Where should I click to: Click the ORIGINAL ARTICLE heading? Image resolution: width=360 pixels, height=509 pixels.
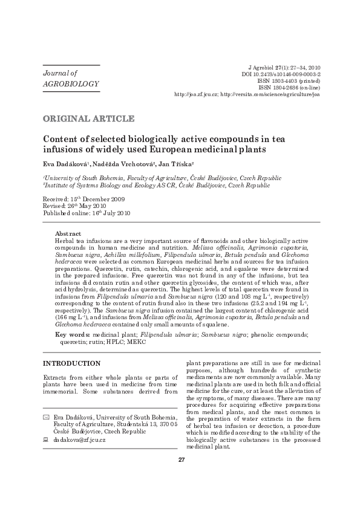tap(88, 118)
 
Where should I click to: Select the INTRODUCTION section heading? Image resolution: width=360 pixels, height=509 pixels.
tap(71, 363)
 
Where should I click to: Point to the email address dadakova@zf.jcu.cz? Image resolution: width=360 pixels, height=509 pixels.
tap(79, 439)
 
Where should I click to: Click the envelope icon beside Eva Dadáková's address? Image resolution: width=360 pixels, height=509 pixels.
tap(47, 418)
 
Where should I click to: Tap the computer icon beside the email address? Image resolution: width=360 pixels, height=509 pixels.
tap(47, 439)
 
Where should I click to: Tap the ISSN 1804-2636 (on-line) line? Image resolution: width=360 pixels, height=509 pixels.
tap(289, 88)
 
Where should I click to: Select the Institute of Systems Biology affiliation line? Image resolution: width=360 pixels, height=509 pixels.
tap(157, 186)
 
